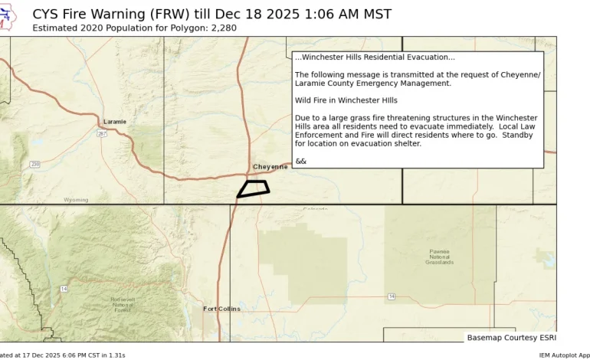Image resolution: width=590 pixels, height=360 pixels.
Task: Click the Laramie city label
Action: pyautogui.click(x=115, y=122)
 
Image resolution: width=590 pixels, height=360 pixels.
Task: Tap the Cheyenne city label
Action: pyautogui.click(x=270, y=166)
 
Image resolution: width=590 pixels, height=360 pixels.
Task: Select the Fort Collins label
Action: pyautogui.click(x=221, y=309)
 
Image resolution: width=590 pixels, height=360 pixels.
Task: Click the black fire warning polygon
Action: pyautogui.click(x=253, y=188)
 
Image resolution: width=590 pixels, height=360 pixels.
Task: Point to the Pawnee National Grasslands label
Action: pyautogui.click(x=439, y=257)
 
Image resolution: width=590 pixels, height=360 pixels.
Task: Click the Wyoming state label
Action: pyautogui.click(x=75, y=200)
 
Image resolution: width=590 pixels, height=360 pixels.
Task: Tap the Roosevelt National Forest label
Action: pyautogui.click(x=123, y=304)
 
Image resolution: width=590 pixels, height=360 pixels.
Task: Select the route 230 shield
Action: pyautogui.click(x=35, y=164)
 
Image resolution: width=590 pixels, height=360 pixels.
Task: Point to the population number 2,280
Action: pyautogui.click(x=221, y=28)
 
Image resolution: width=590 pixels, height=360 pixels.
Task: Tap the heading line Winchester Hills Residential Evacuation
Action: pyautogui.click(x=375, y=57)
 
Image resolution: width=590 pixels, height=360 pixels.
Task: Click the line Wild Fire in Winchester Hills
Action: pyautogui.click(x=346, y=100)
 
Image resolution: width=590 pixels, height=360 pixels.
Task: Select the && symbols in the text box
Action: pyautogui.click(x=300, y=161)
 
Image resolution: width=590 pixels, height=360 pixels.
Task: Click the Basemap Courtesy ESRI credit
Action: pyautogui.click(x=511, y=337)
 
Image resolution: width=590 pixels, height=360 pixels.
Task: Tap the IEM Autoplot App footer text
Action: pyautogui.click(x=564, y=355)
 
